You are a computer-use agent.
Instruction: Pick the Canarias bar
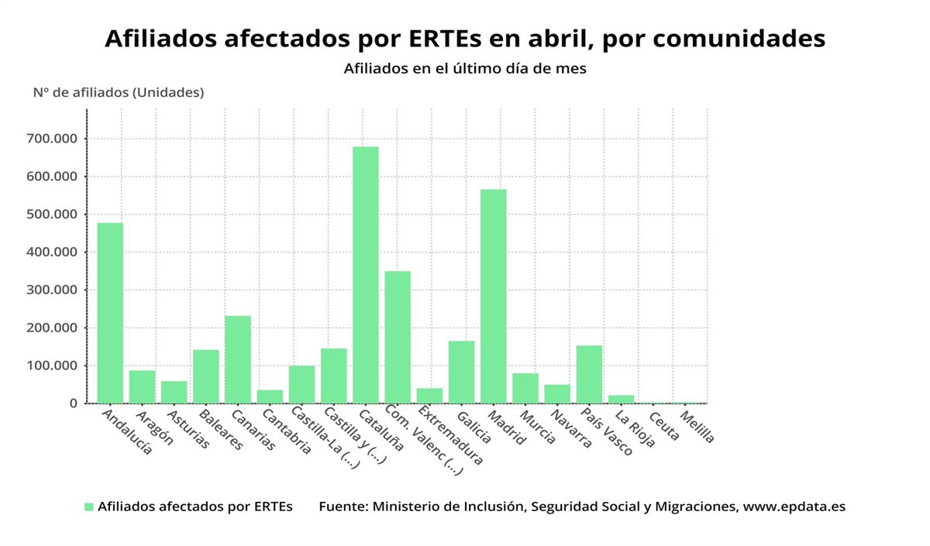tap(238, 359)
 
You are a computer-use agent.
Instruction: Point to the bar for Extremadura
tap(429, 395)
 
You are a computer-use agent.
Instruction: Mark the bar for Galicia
tap(461, 372)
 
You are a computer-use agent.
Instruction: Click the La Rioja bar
tap(621, 399)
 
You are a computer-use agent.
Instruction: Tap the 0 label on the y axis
tap(73, 403)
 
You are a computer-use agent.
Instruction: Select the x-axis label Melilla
tap(697, 427)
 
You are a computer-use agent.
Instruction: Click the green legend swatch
tap(88, 507)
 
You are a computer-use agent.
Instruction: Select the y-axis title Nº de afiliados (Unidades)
tap(118, 92)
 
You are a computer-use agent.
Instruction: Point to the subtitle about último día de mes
tap(465, 68)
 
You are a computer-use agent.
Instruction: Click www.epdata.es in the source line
tap(794, 507)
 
